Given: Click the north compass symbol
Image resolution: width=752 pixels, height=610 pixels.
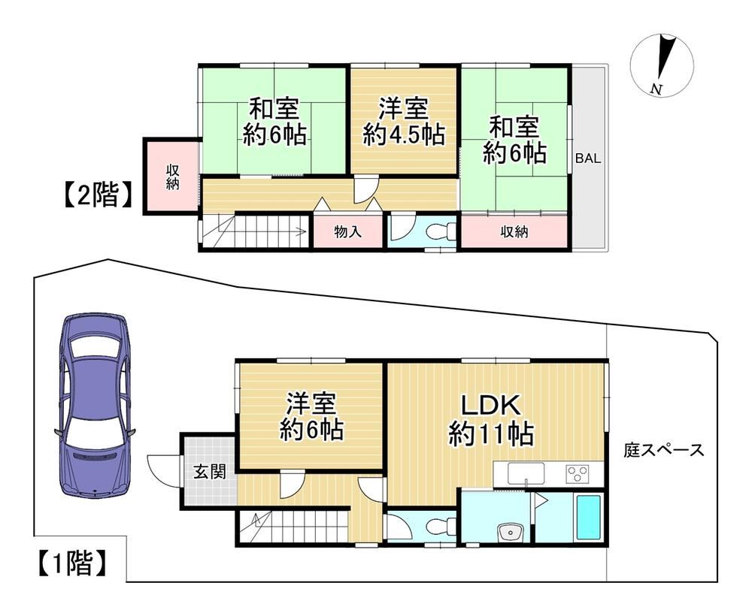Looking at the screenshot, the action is click(663, 65).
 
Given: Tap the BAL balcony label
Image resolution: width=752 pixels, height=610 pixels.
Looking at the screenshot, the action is click(588, 159).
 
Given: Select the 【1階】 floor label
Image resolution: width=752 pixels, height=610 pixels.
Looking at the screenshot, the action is click(71, 563).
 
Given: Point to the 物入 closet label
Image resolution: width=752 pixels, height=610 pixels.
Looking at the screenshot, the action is click(347, 232).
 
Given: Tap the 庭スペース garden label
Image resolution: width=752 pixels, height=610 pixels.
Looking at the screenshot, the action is click(664, 451).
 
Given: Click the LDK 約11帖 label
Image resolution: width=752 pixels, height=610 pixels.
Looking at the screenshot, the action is click(491, 420).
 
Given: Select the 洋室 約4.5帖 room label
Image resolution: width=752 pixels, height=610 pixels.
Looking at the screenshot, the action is click(403, 121).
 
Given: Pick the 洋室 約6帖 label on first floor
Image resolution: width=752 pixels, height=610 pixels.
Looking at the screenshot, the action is click(311, 416).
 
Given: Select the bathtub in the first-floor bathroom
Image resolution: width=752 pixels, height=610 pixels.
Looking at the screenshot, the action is click(588, 517).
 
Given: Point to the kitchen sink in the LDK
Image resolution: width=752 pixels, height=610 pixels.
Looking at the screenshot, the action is click(526, 473).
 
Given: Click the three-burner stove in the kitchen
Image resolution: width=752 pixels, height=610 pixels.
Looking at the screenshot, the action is click(577, 474).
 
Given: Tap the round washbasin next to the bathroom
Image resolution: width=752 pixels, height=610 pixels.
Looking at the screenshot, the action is click(511, 532).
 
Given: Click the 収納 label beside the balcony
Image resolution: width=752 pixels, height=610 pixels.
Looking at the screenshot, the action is click(514, 232).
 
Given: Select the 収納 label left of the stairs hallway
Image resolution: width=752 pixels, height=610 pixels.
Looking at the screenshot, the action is click(173, 177).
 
